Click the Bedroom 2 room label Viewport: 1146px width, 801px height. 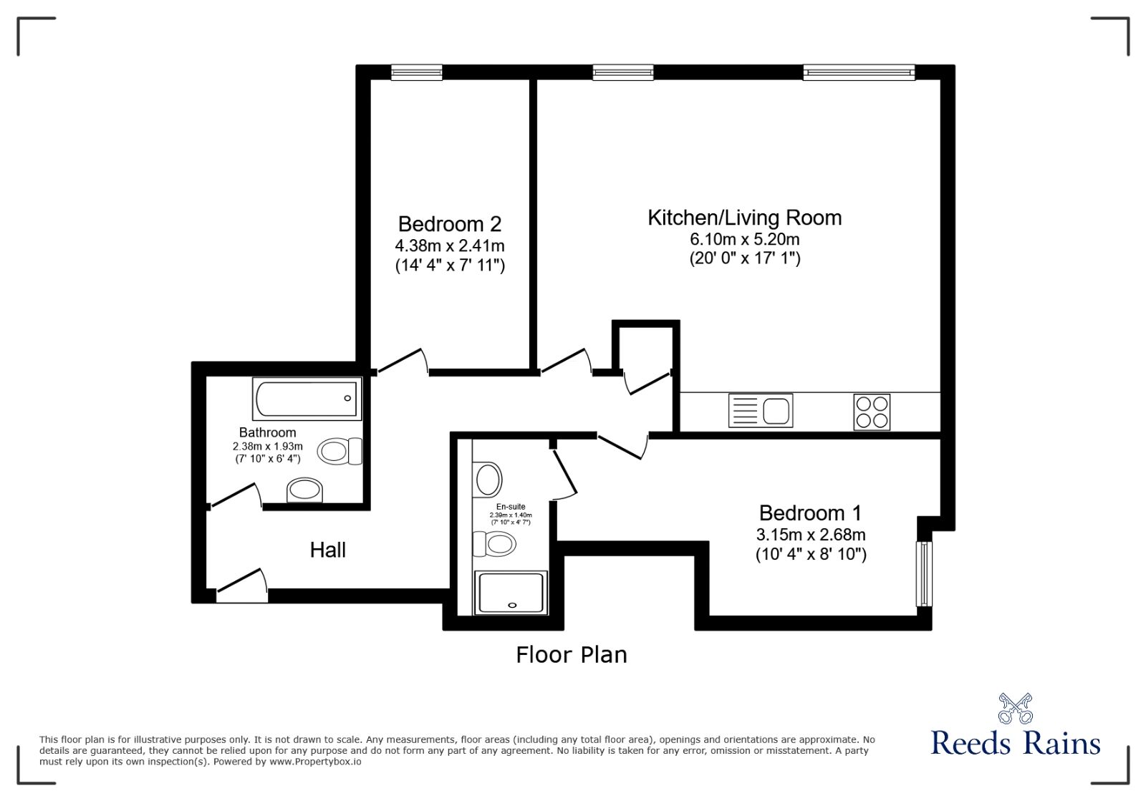point(450,225)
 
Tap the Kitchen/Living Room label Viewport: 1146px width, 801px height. point(744,218)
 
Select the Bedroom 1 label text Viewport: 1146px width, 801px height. point(810,513)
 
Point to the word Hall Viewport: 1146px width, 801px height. point(328,550)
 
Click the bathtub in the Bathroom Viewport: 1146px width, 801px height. point(307,399)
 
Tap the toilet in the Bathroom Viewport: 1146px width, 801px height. point(340,451)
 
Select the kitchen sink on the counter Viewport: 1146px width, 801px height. point(761,411)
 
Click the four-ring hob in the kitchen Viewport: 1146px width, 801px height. point(872,412)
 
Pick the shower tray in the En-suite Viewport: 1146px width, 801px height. point(511,592)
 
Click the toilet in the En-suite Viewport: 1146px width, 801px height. point(495,544)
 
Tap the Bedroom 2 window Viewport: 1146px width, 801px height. point(416,72)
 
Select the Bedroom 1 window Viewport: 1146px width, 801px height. point(925,573)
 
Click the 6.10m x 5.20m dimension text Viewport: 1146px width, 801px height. point(744,239)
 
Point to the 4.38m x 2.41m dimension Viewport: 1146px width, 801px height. point(450,246)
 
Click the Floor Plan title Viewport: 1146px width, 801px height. point(572,655)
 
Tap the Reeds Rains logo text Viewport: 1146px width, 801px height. point(1015,743)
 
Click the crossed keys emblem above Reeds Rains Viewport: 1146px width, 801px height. point(1016,708)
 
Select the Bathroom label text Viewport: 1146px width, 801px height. point(267,432)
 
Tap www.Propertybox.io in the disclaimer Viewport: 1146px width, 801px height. point(315,762)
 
